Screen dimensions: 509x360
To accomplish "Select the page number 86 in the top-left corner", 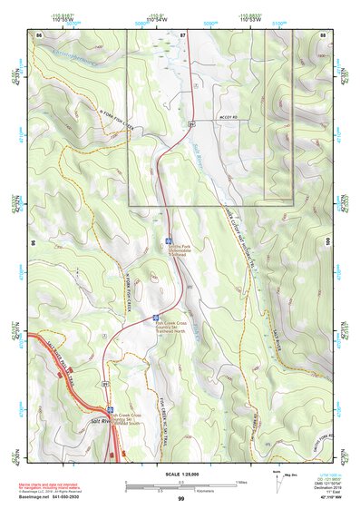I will click(x=40, y=34).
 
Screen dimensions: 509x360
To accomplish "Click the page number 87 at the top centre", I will click(x=182, y=34).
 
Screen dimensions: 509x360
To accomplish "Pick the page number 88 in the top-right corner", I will click(x=323, y=34).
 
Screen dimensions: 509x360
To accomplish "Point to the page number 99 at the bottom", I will click(x=180, y=499).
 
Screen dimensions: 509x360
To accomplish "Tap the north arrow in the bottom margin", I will click(x=277, y=481).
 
